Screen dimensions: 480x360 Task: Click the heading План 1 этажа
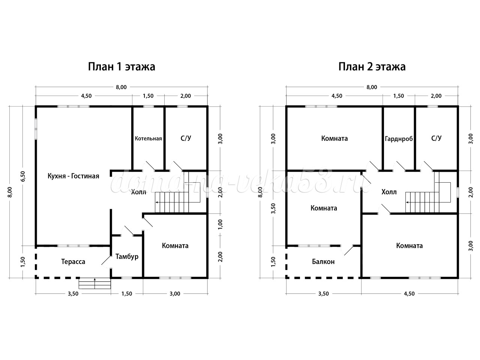[x=121, y=67]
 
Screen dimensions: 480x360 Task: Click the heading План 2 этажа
[x=372, y=67]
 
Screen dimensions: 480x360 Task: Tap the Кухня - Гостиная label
[x=73, y=176]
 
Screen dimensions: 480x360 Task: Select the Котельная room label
[x=148, y=138]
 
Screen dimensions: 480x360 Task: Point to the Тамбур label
[x=127, y=256]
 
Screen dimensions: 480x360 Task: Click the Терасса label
[x=73, y=262]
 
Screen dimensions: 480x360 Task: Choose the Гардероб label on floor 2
[x=399, y=139]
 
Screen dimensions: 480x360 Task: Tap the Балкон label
[x=323, y=262]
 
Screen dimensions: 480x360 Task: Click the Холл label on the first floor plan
[x=138, y=192]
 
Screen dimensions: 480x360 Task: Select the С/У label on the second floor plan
[x=436, y=138]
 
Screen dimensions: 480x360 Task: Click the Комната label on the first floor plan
[x=175, y=246]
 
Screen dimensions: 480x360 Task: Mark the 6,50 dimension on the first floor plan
[x=23, y=176]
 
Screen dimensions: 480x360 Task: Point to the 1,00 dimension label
[x=220, y=224]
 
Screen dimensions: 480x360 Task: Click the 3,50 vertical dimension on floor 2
[x=274, y=208]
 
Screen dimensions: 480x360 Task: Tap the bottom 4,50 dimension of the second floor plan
[x=409, y=294]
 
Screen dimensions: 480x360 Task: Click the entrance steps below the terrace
[x=95, y=283]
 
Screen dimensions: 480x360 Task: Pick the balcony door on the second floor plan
[x=347, y=250]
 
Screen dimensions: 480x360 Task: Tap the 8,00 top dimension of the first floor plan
[x=121, y=87]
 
